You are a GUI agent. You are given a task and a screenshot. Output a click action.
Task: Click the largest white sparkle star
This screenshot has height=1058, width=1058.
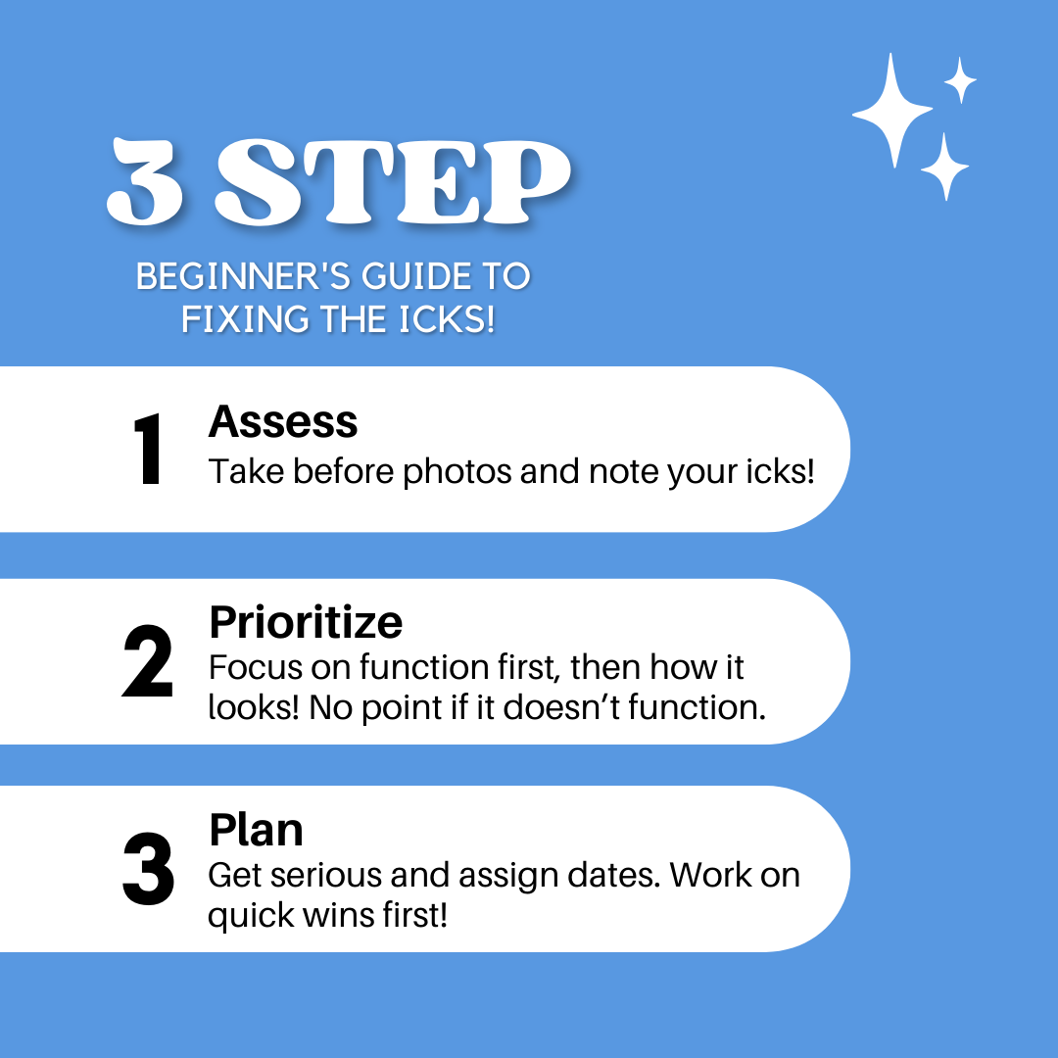click(x=892, y=112)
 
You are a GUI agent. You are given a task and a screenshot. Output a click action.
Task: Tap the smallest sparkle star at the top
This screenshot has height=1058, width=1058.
click(x=960, y=80)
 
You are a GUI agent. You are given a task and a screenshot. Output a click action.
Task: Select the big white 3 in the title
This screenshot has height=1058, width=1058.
click(x=144, y=181)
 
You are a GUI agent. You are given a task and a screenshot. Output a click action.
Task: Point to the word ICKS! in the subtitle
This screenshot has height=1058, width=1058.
click(x=447, y=319)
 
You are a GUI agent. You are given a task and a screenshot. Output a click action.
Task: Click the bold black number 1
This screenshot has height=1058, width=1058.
click(x=148, y=449)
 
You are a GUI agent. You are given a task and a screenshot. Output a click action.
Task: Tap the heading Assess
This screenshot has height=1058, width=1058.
click(x=283, y=421)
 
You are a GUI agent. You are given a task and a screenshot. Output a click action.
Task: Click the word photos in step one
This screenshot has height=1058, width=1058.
click(x=457, y=471)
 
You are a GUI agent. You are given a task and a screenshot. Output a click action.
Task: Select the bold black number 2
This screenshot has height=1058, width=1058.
click(x=148, y=660)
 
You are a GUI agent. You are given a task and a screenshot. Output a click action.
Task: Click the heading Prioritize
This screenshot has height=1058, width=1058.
click(x=306, y=621)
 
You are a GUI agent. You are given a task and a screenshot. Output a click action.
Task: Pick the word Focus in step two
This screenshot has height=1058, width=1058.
click(x=256, y=667)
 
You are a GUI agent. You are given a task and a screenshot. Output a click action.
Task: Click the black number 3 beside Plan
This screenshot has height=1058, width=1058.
click(x=149, y=868)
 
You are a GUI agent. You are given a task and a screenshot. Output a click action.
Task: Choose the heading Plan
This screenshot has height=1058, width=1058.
click(x=257, y=830)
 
